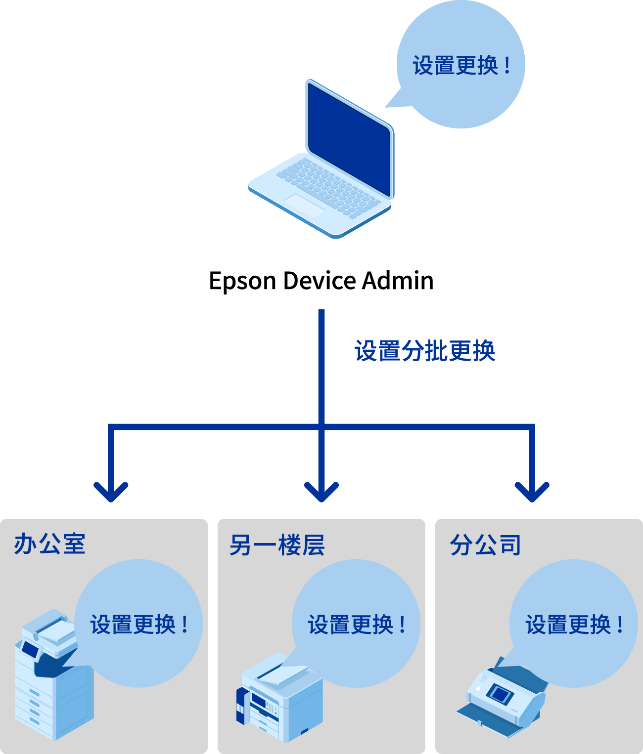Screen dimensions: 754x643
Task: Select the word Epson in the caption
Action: pos(242,281)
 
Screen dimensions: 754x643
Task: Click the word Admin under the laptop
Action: pos(398,281)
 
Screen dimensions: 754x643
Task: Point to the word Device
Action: pos(320,281)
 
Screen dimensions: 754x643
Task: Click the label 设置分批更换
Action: pos(425,351)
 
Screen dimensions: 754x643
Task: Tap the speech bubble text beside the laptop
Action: pos(461,66)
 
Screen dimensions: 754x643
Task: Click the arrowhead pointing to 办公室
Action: pos(111,492)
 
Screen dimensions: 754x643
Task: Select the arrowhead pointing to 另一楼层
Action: pos(321,492)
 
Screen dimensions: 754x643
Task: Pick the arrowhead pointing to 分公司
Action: pos(532,492)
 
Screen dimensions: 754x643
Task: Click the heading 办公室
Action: pos(49,544)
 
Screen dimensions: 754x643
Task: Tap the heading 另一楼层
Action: pos(277,545)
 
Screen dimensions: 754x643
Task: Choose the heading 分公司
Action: pos(485,545)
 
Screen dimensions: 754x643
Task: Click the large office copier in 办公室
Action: pos(52,682)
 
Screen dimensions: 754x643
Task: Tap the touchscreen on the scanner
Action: pos(500,694)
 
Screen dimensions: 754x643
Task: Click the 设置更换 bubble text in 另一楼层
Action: pos(356,625)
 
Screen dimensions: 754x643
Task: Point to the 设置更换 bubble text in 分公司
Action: pos(574,625)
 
